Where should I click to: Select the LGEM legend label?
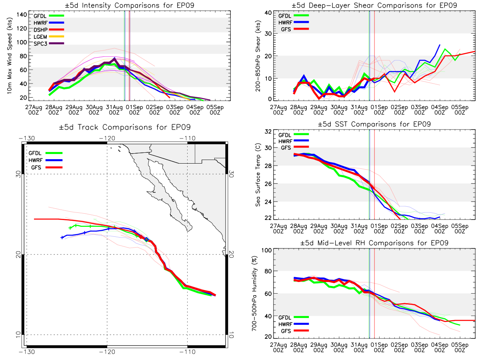(40, 37)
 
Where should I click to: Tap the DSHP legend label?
(40, 30)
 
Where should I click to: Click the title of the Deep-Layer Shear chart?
(374, 5)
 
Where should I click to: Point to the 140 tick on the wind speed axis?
(22, 15)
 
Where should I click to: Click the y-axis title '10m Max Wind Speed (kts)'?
(10, 56)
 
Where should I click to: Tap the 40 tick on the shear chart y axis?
(268, 13)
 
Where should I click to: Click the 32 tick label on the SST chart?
(268, 132)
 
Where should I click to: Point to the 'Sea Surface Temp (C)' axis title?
(258, 175)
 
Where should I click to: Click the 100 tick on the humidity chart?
(266, 250)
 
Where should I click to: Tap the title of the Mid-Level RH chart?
(374, 243)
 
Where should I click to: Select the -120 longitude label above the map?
(107, 138)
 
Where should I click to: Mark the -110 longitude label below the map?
(188, 352)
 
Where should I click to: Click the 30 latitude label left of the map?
(18, 174)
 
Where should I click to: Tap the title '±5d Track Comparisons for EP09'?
(125, 127)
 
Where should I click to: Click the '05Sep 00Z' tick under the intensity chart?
(215, 110)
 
